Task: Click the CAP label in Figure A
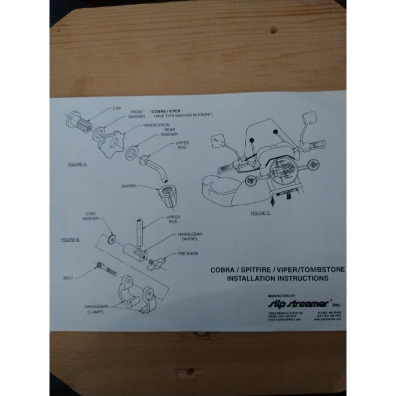[x=117, y=109]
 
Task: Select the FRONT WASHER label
[x=137, y=114]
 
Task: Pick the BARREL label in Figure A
[x=129, y=186]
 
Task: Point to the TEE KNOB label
[x=188, y=253]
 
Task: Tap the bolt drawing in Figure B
[x=106, y=269]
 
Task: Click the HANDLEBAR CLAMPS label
[x=95, y=309]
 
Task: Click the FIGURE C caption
[x=260, y=213]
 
